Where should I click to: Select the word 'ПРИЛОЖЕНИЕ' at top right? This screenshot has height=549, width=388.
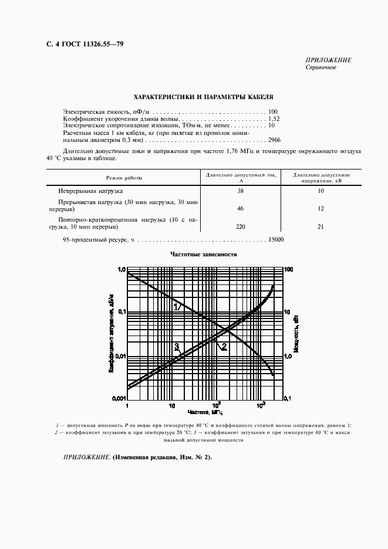pyautogui.click(x=328, y=60)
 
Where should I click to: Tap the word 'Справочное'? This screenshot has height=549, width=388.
pyautogui.click(x=320, y=67)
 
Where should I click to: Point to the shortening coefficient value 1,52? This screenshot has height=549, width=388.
pyautogui.click(x=274, y=118)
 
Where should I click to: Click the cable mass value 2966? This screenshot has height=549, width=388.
pyautogui.click(x=274, y=140)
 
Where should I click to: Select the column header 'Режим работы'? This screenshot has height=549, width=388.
pyautogui.click(x=124, y=177)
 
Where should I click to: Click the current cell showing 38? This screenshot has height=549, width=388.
pyautogui.click(x=240, y=192)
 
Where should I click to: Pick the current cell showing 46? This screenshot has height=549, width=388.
pyautogui.click(x=240, y=208)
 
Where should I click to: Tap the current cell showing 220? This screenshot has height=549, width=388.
pyautogui.click(x=240, y=226)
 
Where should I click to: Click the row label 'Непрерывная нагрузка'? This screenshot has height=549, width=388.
pyautogui.click(x=90, y=192)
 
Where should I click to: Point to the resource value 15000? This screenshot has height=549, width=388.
pyautogui.click(x=275, y=239)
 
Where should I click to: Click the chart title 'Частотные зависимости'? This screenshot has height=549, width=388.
pyautogui.click(x=204, y=255)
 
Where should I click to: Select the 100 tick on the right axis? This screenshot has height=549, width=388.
pyautogui.click(x=288, y=269)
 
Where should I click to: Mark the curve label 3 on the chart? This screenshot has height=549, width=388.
pyautogui.click(x=176, y=346)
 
